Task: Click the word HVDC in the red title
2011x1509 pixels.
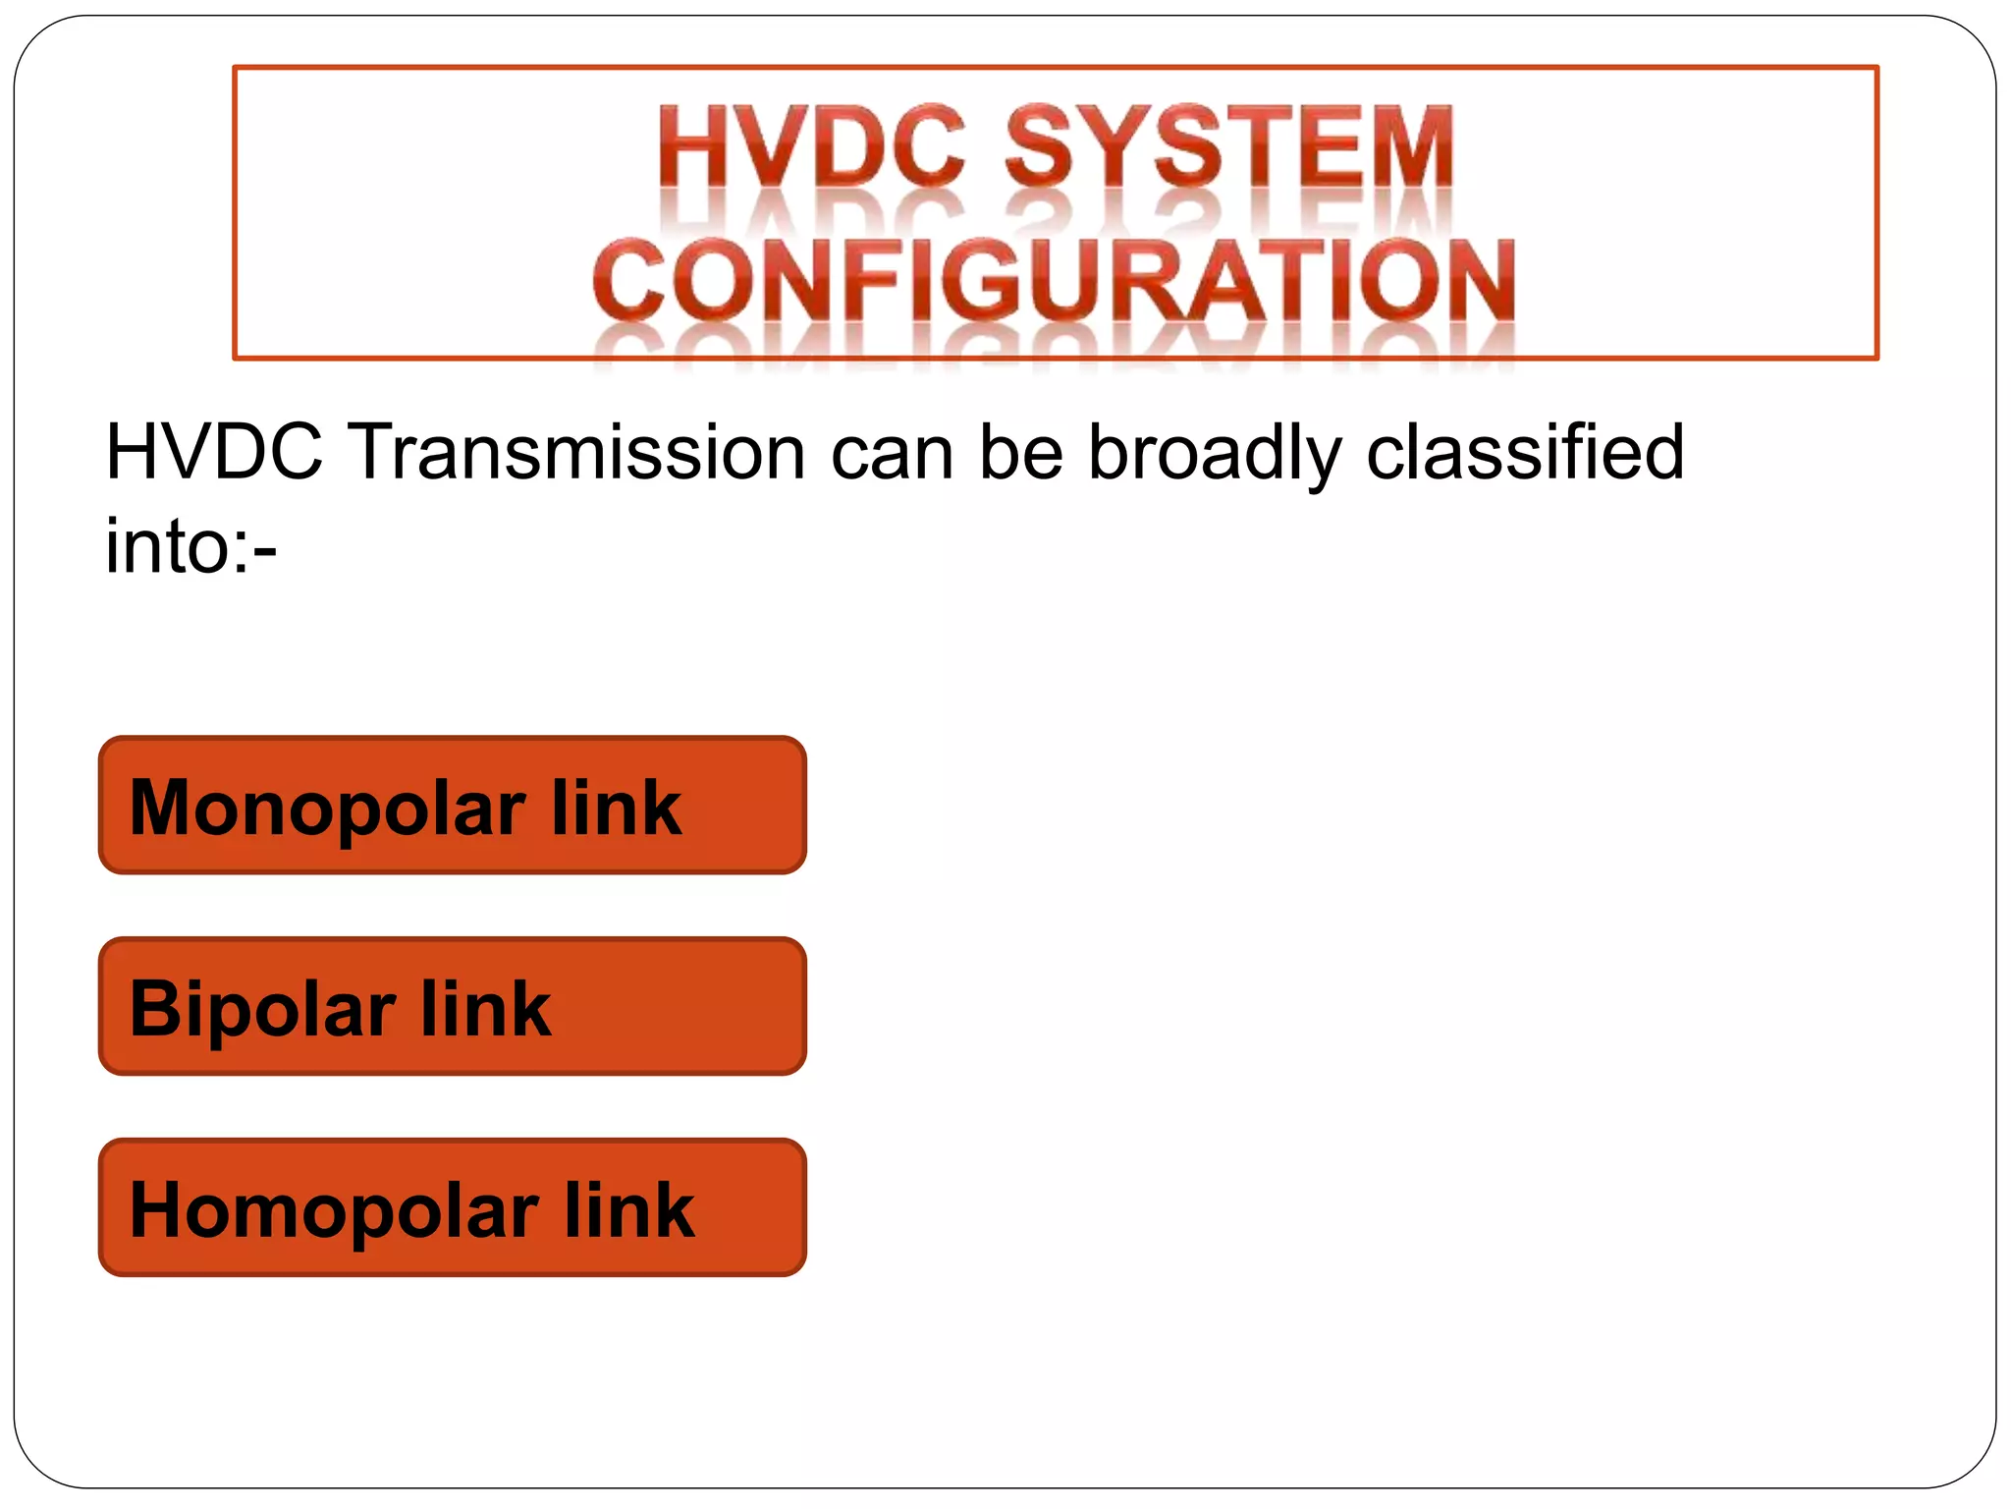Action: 811,147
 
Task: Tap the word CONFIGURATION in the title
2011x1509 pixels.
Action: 1054,280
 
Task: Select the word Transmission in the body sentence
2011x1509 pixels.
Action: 577,452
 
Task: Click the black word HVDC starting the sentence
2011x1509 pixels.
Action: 213,452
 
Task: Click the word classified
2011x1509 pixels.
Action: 1525,452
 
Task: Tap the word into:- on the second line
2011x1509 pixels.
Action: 190,546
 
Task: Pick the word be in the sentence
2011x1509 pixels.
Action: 1021,452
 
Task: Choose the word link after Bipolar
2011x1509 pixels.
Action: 485,1008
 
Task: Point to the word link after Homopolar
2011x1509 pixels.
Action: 628,1209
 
